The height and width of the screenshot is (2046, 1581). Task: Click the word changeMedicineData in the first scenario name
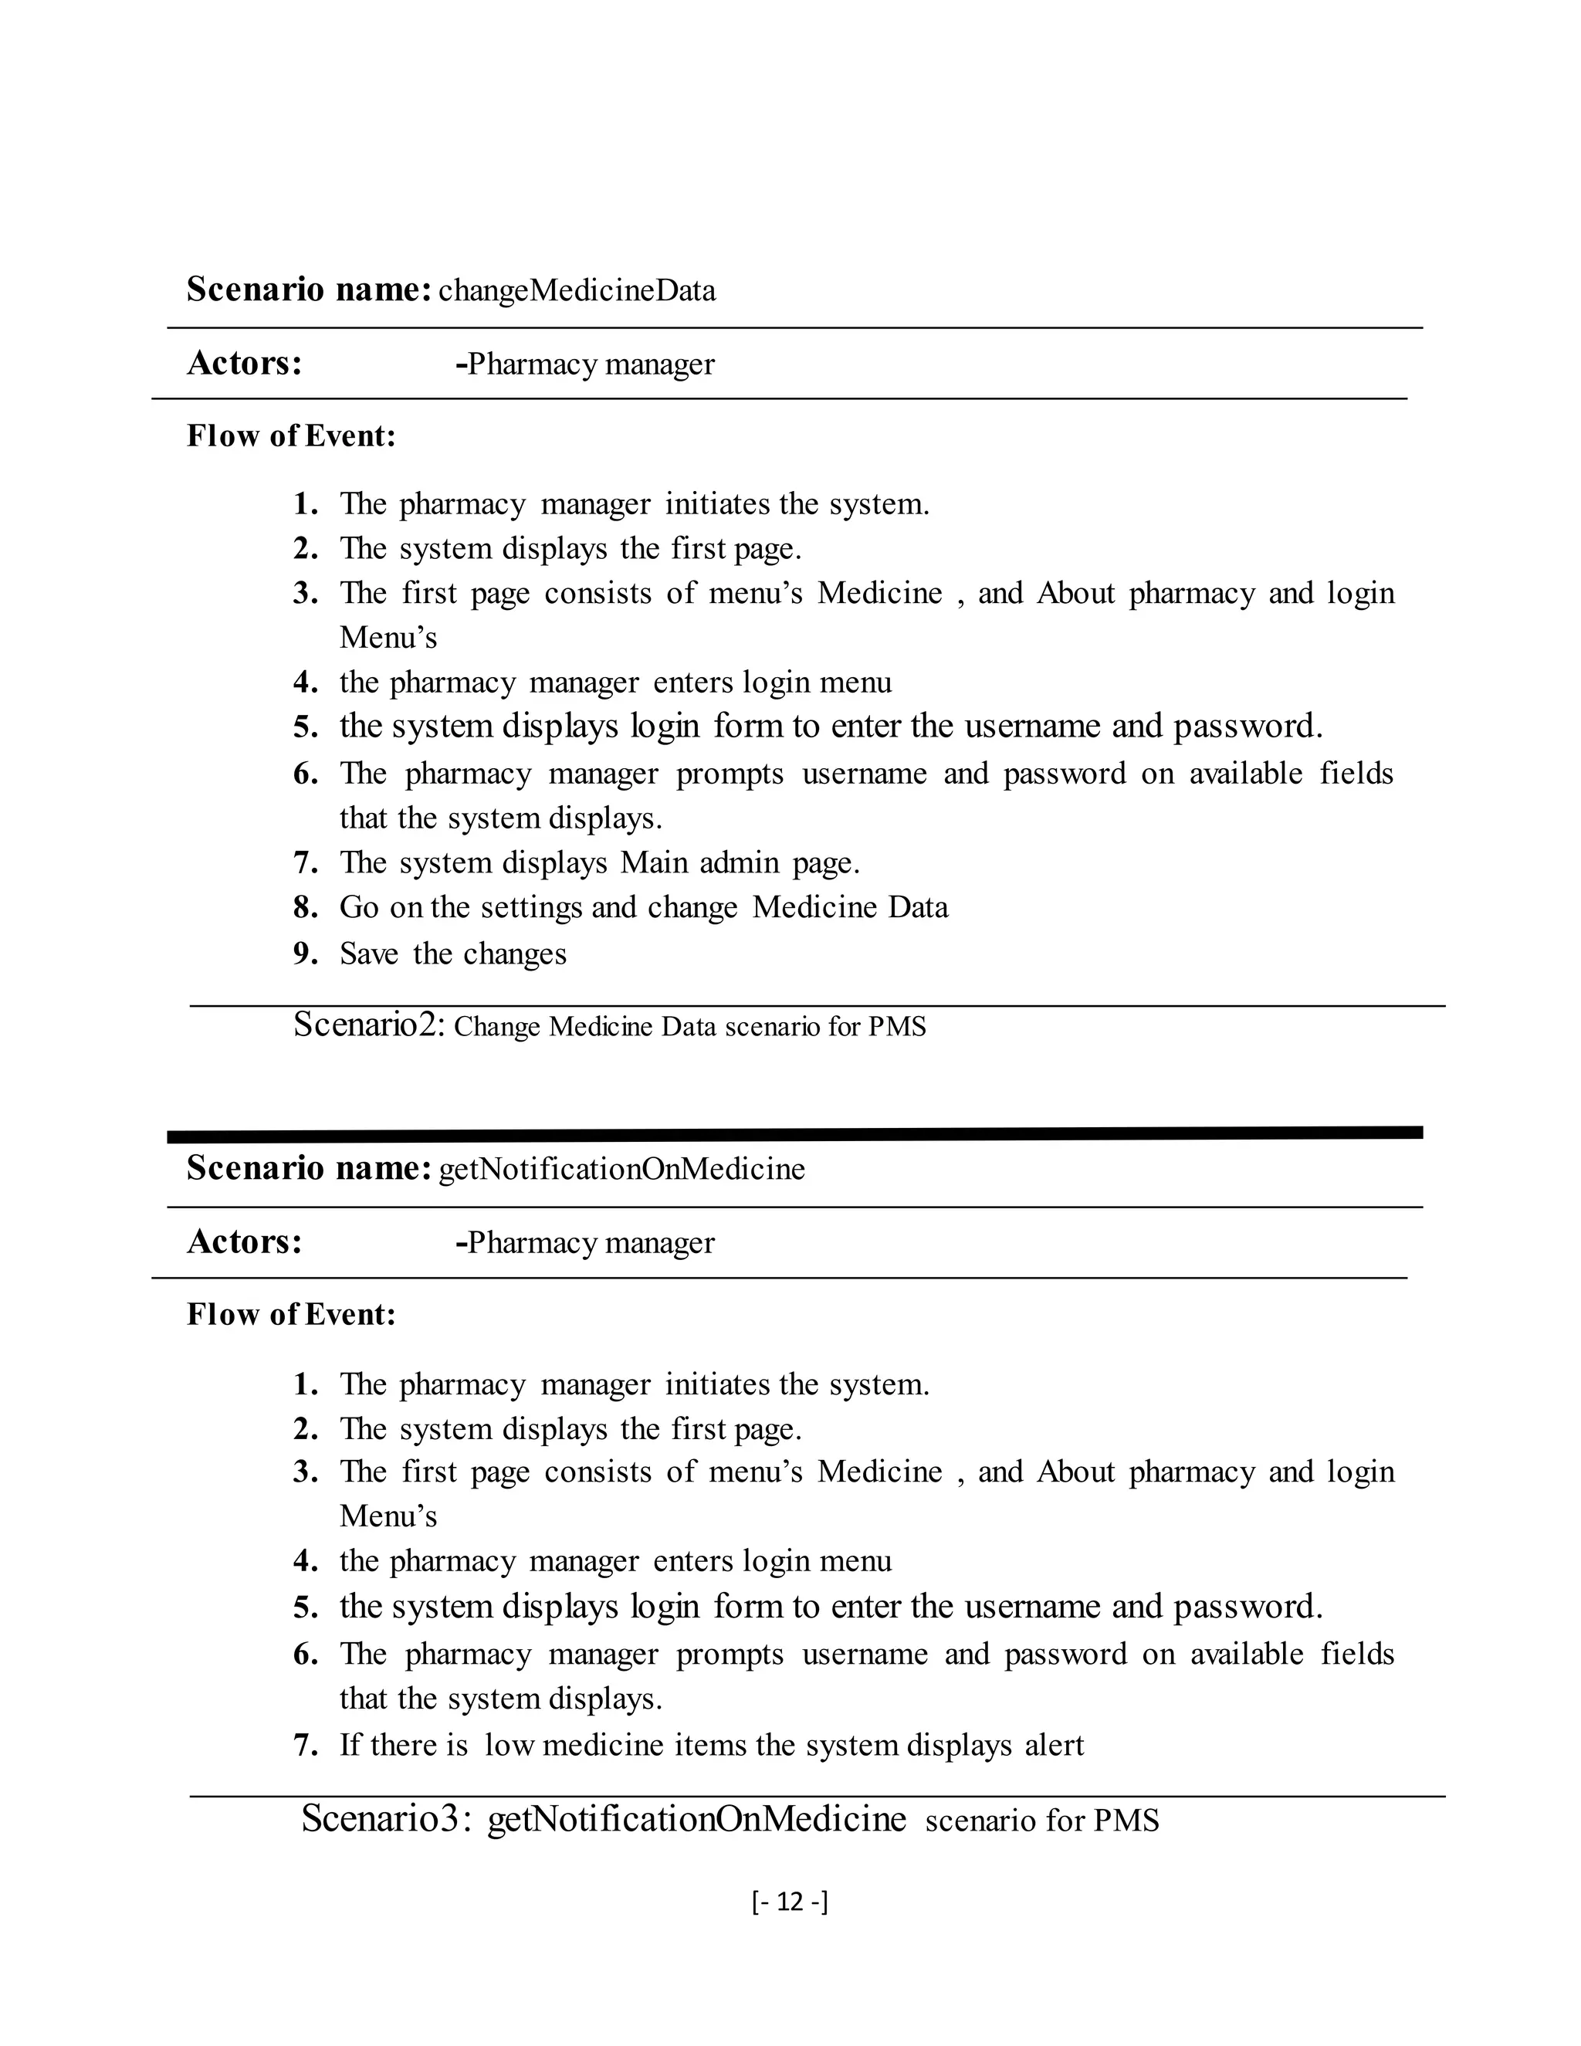click(577, 291)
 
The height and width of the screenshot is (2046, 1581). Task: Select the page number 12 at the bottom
click(790, 1902)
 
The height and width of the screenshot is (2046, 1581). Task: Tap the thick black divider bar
click(794, 1133)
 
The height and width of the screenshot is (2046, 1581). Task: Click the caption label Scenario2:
click(369, 1025)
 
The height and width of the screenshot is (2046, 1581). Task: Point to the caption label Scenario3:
click(392, 1819)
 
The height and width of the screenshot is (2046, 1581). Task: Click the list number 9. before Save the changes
click(306, 954)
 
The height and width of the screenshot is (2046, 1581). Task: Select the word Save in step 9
click(368, 954)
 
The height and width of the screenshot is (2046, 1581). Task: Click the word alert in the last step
click(1054, 1746)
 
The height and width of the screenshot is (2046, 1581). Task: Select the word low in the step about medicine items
click(508, 1746)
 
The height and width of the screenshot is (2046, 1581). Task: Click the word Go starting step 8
click(359, 907)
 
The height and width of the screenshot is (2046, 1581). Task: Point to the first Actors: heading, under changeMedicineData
click(245, 364)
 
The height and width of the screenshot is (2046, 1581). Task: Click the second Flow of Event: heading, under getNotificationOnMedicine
click(291, 1314)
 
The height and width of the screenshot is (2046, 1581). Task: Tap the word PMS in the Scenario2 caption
click(896, 1027)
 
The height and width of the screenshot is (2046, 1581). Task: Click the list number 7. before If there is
click(306, 1746)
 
